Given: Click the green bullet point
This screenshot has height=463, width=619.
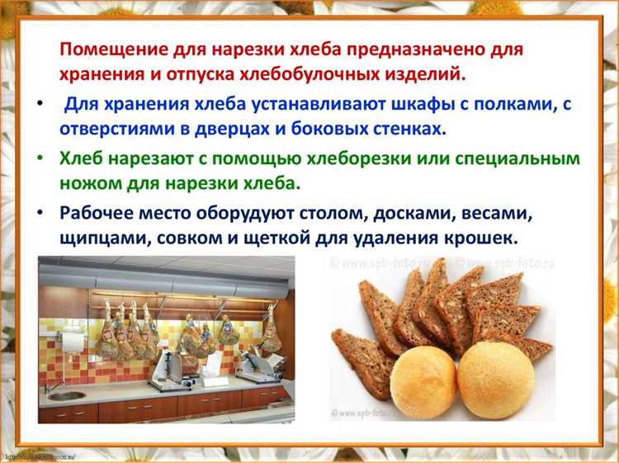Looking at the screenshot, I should tap(41, 157).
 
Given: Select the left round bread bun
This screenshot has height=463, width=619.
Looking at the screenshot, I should tap(423, 385).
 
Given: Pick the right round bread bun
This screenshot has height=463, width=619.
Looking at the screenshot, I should tap(496, 380).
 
